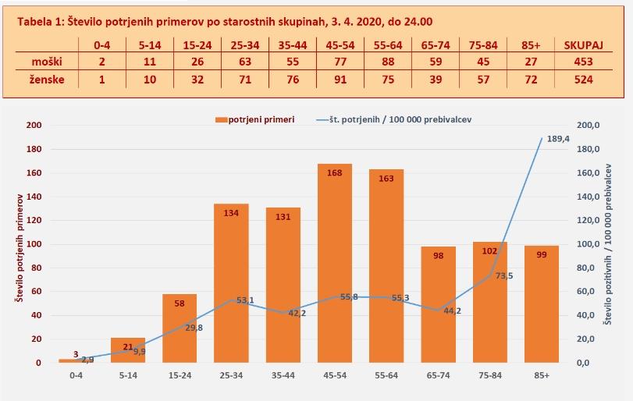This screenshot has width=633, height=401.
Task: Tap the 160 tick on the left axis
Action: (x=34, y=172)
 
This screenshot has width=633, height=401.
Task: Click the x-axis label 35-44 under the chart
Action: (x=283, y=375)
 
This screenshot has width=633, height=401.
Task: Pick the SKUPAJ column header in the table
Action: (x=585, y=45)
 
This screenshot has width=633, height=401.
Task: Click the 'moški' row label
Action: (x=46, y=62)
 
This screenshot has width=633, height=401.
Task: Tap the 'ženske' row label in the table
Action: (x=46, y=80)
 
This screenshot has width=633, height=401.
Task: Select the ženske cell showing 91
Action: (x=334, y=80)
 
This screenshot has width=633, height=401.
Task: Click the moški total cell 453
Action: (x=584, y=62)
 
